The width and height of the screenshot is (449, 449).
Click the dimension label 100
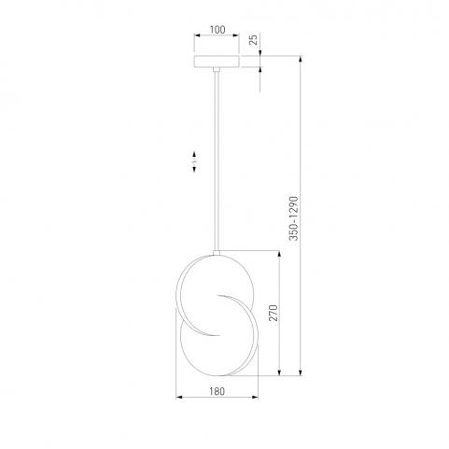click(217, 30)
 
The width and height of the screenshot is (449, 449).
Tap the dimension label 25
click(254, 40)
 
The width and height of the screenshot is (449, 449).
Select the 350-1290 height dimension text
click(294, 218)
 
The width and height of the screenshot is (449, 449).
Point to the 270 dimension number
click(273, 313)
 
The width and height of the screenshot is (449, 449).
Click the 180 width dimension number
click(217, 391)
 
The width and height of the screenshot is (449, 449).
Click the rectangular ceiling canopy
click(217, 62)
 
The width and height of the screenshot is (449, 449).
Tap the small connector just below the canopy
click(217, 70)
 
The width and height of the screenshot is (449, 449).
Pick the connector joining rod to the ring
click(217, 253)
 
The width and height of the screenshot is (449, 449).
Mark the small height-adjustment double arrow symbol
click(194, 161)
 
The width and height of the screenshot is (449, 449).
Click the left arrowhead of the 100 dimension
click(197, 35)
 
